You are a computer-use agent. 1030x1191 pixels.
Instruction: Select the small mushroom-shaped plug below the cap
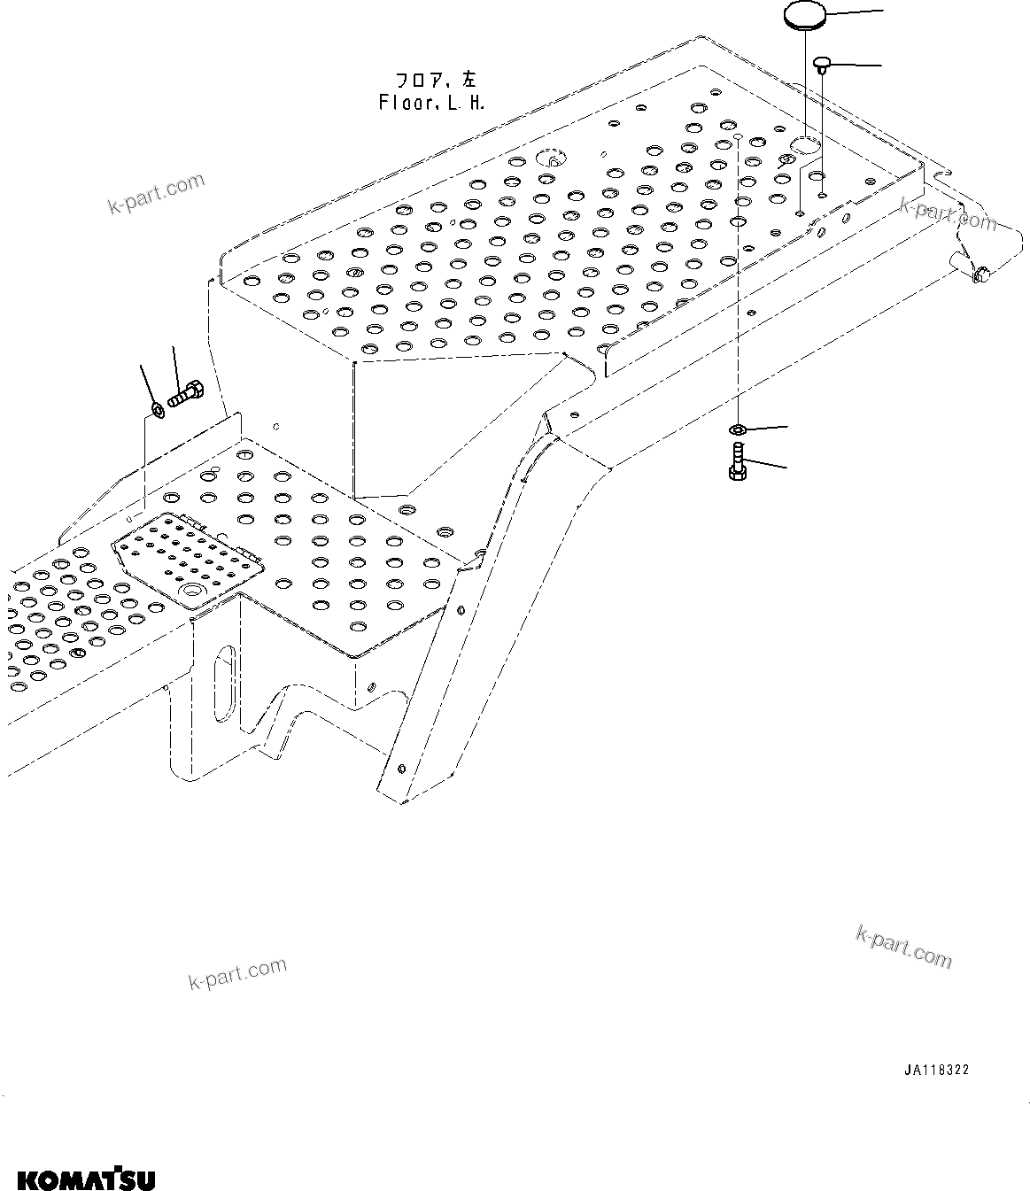point(822,64)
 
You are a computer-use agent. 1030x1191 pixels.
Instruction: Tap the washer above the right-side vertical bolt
point(737,430)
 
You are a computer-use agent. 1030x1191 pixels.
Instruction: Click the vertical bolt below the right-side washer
point(737,461)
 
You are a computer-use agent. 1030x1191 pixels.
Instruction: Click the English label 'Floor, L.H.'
point(431,103)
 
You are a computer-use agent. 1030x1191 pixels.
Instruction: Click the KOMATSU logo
point(85,1179)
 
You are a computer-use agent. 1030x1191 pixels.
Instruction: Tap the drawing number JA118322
point(936,1070)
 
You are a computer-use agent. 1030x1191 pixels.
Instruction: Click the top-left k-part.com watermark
point(156,194)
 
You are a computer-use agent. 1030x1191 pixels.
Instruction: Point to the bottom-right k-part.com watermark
point(903,945)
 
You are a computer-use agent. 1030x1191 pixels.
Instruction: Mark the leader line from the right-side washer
point(767,428)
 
